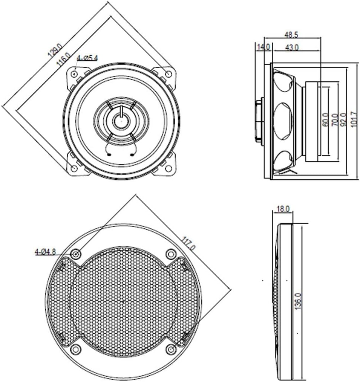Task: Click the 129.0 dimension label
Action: pos(55,50)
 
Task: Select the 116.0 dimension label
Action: pos(63,60)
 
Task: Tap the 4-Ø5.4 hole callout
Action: pos(87,58)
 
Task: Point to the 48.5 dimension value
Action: pos(291,35)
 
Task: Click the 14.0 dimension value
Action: pos(264,47)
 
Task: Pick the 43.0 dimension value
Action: pos(292,47)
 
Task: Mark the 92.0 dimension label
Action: pos(343,119)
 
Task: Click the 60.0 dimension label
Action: pos(325,120)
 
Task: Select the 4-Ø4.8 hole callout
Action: pos(46,251)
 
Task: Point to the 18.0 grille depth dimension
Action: pos(283,209)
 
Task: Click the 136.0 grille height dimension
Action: pos(298,301)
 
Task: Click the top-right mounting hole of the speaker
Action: pos(169,73)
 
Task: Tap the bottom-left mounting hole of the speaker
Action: pos(74,168)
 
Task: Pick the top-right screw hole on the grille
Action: pos(171,254)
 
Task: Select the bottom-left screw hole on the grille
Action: pos(75,349)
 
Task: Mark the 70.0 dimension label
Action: pos(335,120)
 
